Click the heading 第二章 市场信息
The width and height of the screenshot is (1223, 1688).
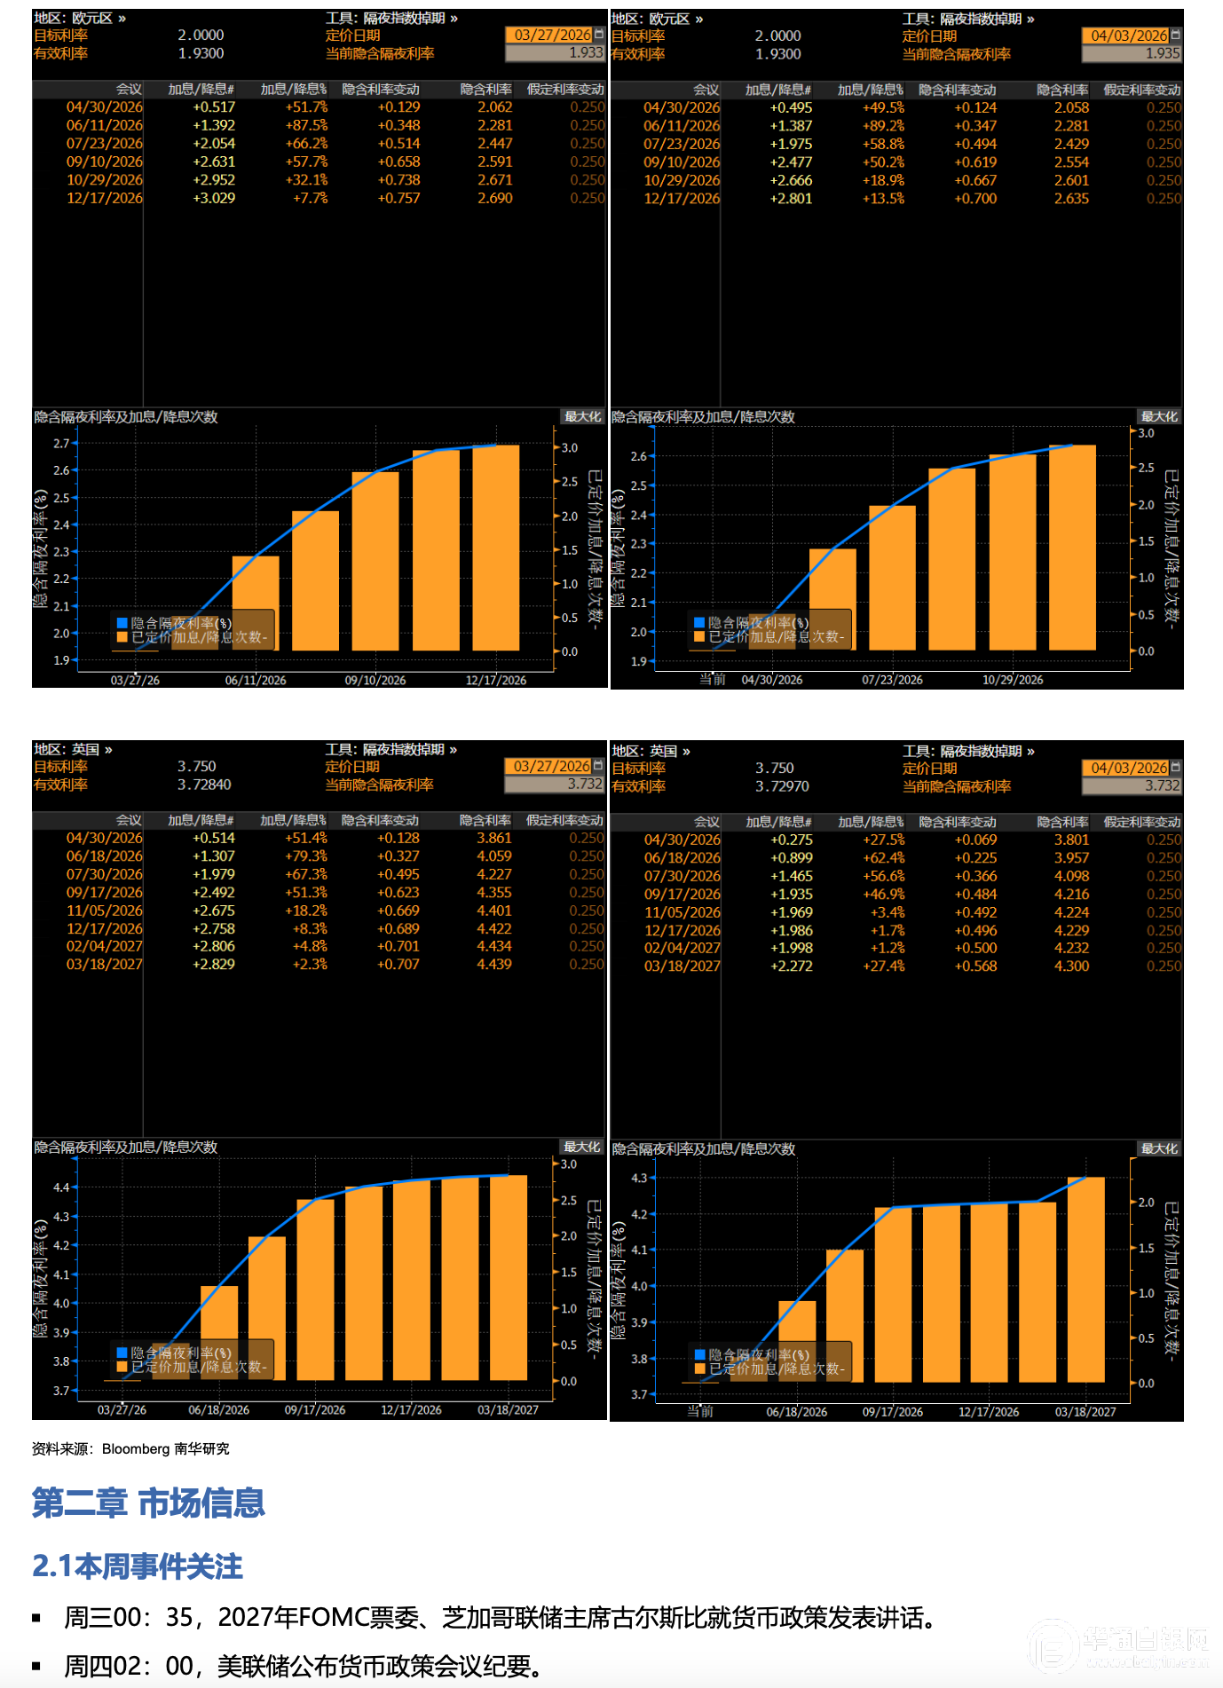click(x=148, y=1503)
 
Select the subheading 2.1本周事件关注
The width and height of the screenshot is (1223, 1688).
click(x=138, y=1566)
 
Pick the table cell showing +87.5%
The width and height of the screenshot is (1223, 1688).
click(x=306, y=125)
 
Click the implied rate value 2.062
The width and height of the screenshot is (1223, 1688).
click(x=494, y=107)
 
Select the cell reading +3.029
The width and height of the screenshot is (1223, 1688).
click(x=214, y=198)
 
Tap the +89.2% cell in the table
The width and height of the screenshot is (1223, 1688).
click(x=883, y=126)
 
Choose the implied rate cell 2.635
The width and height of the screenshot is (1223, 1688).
click(x=1071, y=199)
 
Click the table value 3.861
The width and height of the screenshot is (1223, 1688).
click(x=493, y=838)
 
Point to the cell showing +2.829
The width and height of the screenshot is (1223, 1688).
click(x=214, y=964)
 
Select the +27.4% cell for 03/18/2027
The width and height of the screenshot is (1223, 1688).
click(x=884, y=966)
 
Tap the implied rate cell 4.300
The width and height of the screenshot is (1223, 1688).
click(x=1071, y=966)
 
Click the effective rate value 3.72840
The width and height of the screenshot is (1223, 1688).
click(x=204, y=785)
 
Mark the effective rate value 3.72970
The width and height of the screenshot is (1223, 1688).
click(x=782, y=786)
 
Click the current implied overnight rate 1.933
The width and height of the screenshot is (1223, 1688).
click(x=586, y=53)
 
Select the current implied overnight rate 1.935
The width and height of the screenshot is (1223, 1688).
click(x=1163, y=53)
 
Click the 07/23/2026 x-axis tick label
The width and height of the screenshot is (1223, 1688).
click(x=892, y=680)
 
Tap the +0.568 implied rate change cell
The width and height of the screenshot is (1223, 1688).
click(x=975, y=966)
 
